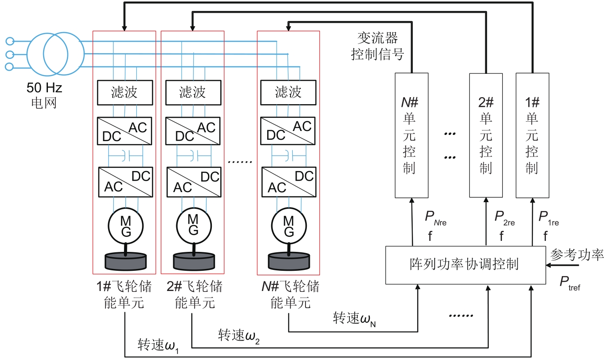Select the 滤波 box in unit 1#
point(125,92)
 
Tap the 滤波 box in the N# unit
point(288,92)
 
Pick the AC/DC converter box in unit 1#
point(125,181)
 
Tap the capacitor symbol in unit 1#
point(125,155)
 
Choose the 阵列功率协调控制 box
point(464,265)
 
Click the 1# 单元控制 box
point(532,135)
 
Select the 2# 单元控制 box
point(486,135)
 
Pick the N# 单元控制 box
point(411,135)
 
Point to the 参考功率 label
point(577,255)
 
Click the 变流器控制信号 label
point(378,46)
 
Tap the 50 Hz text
point(44,88)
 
